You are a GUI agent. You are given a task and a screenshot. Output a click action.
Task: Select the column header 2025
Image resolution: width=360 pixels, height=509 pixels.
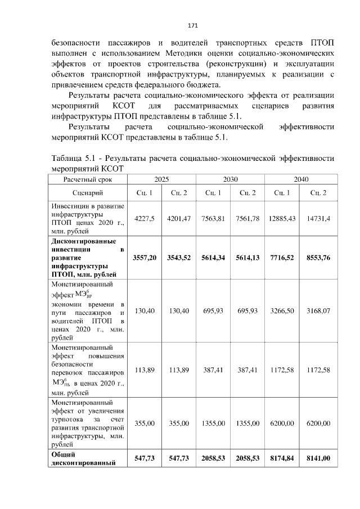pos(162,179)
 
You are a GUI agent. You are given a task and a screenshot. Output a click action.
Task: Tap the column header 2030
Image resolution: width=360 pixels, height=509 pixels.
pos(231,179)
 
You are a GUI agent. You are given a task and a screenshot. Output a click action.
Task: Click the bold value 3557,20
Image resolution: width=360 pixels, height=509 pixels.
pos(145,258)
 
